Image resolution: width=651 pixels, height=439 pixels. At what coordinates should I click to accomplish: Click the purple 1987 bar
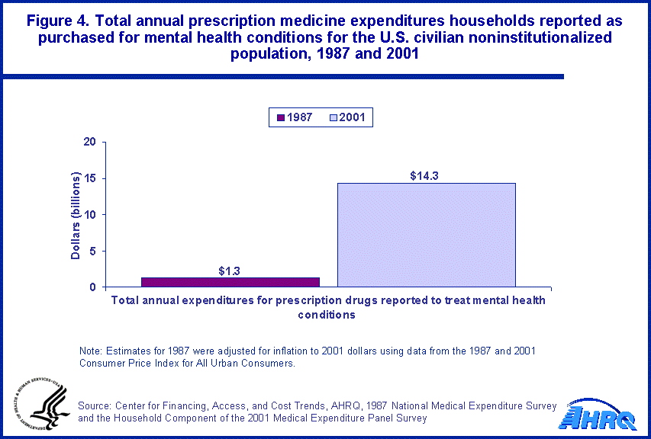click(x=230, y=282)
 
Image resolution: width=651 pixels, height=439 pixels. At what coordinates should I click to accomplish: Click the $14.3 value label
click(x=426, y=176)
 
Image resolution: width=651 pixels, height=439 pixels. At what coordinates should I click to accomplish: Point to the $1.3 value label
click(x=230, y=271)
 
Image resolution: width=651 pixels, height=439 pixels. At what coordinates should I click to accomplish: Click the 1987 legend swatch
click(x=280, y=117)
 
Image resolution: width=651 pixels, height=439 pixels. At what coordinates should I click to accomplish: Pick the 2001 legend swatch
click(x=334, y=117)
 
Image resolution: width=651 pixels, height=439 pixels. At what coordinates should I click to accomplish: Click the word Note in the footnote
click(x=91, y=351)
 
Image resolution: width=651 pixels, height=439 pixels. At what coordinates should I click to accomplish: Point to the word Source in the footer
click(x=96, y=405)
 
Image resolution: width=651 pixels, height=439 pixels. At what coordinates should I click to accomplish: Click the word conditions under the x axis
click(x=328, y=314)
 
